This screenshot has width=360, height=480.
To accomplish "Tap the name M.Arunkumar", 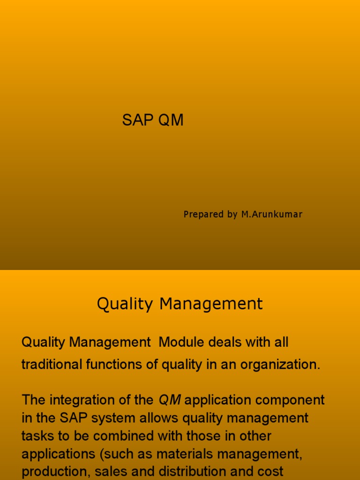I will click(x=272, y=214).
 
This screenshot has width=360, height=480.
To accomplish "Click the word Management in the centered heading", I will click(x=211, y=304).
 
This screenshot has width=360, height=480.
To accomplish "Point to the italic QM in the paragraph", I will click(x=170, y=400).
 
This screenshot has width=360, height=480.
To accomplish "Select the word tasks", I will click(x=37, y=436).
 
